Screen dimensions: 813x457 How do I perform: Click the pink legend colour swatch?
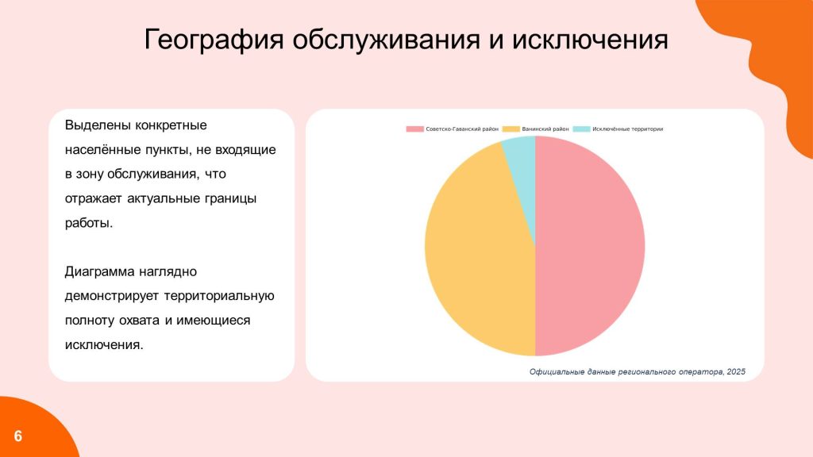[414, 129]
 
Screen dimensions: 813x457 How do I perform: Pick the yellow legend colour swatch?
[511, 129]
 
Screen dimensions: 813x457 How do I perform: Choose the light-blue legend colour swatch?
[582, 129]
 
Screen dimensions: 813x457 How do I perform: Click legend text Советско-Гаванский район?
[462, 129]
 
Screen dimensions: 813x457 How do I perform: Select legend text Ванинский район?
[545, 129]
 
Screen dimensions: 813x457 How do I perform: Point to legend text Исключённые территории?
[628, 129]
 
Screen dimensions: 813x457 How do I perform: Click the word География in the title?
[214, 40]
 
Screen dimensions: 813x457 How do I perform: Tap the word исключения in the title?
[590, 40]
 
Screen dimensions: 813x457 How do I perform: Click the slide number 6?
[18, 436]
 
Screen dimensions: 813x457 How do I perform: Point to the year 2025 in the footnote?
[736, 371]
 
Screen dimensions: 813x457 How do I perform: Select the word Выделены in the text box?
[98, 125]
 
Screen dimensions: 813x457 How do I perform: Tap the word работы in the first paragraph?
[89, 223]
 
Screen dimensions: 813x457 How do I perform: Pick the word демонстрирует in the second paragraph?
[111, 296]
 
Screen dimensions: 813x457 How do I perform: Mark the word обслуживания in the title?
[387, 40]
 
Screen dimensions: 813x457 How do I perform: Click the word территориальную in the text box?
[219, 296]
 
